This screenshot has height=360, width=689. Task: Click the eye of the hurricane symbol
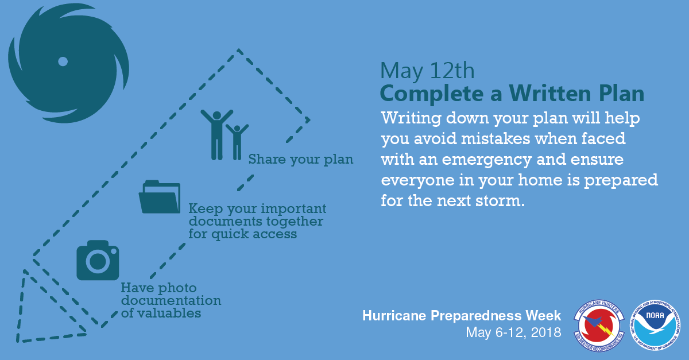click(63, 61)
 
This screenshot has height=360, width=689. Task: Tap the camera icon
click(98, 260)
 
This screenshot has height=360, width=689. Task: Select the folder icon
click(160, 197)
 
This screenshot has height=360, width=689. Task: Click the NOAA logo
click(655, 325)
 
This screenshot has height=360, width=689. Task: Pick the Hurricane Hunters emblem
click(599, 326)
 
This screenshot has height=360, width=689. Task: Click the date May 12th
click(427, 71)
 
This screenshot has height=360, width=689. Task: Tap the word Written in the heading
click(550, 93)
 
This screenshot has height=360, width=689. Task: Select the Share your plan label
click(301, 160)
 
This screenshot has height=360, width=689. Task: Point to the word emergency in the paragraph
click(487, 160)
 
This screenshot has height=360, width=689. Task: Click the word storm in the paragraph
click(500, 201)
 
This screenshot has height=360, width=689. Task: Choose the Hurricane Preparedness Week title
click(462, 316)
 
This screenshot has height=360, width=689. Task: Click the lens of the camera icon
click(98, 262)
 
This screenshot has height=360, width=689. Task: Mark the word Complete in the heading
click(432, 94)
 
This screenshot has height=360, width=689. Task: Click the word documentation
click(171, 300)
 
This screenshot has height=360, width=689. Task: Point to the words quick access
click(254, 234)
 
